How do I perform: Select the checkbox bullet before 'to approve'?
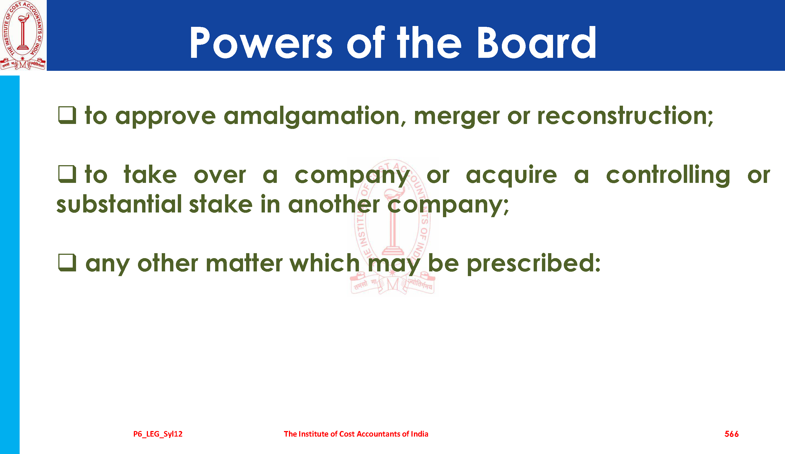tap(67, 115)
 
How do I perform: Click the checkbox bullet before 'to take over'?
tap(67, 174)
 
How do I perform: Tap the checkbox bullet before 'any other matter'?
tap(67, 262)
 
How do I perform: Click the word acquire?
tap(511, 175)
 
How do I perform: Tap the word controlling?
tap(668, 175)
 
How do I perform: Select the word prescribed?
tap(534, 264)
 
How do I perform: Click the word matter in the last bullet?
tap(244, 263)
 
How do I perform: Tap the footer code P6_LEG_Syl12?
tap(158, 434)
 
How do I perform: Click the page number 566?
tap(731, 434)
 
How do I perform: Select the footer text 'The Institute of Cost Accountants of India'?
tap(356, 434)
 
